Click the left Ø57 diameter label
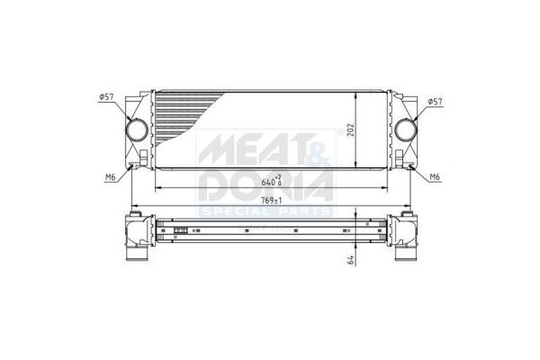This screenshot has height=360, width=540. click(106, 97)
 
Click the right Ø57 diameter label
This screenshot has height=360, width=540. click(435, 102)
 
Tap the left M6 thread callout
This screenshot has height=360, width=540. click(110, 177)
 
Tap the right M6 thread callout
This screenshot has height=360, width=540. click(435, 177)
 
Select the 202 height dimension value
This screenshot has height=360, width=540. click(351, 130)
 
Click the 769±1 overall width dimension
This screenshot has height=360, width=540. click(272, 201)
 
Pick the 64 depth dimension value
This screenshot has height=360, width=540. click(351, 260)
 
